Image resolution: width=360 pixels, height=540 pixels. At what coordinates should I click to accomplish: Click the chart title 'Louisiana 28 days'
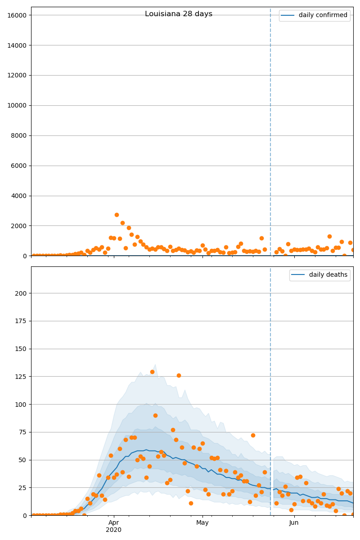(179, 14)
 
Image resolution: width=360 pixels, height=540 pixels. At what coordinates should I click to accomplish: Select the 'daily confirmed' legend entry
(323, 15)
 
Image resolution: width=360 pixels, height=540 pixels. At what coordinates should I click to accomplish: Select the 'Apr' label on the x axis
(114, 522)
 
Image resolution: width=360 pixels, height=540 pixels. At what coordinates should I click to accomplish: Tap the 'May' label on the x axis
(202, 522)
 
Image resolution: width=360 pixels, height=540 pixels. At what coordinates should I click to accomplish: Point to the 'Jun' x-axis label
(294, 522)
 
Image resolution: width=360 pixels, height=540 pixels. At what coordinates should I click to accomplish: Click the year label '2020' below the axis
(114, 530)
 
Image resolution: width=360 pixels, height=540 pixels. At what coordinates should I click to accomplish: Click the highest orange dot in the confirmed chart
(117, 215)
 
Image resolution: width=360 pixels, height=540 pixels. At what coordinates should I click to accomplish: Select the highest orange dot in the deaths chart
(152, 372)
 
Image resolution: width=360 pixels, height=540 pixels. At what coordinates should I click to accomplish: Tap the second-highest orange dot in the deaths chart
(179, 375)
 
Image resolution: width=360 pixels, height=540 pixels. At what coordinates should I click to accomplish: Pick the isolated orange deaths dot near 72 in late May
(253, 435)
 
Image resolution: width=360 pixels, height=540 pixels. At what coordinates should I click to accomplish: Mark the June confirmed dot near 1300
(329, 236)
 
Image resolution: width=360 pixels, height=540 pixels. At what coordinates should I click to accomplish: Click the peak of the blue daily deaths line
(146, 450)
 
